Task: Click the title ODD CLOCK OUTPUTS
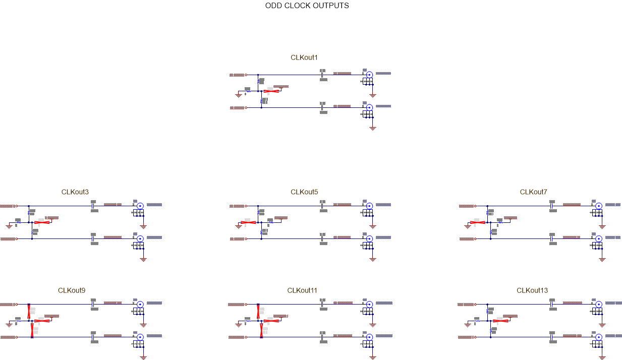(x=307, y=6)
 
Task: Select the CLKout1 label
(x=304, y=57)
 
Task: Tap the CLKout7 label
(x=533, y=192)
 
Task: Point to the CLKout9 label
(x=72, y=290)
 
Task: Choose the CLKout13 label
(x=532, y=290)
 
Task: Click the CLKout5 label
(x=304, y=192)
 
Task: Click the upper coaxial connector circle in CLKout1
(x=369, y=75)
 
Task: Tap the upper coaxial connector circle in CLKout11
(x=369, y=305)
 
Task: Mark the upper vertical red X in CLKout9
(x=29, y=310)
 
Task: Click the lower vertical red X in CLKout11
(x=261, y=330)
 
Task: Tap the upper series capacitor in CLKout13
(x=551, y=305)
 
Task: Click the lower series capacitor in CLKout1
(x=322, y=107)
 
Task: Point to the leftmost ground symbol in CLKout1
(x=239, y=94)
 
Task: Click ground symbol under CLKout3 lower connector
(x=143, y=259)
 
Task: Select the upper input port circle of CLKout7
(x=476, y=206)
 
